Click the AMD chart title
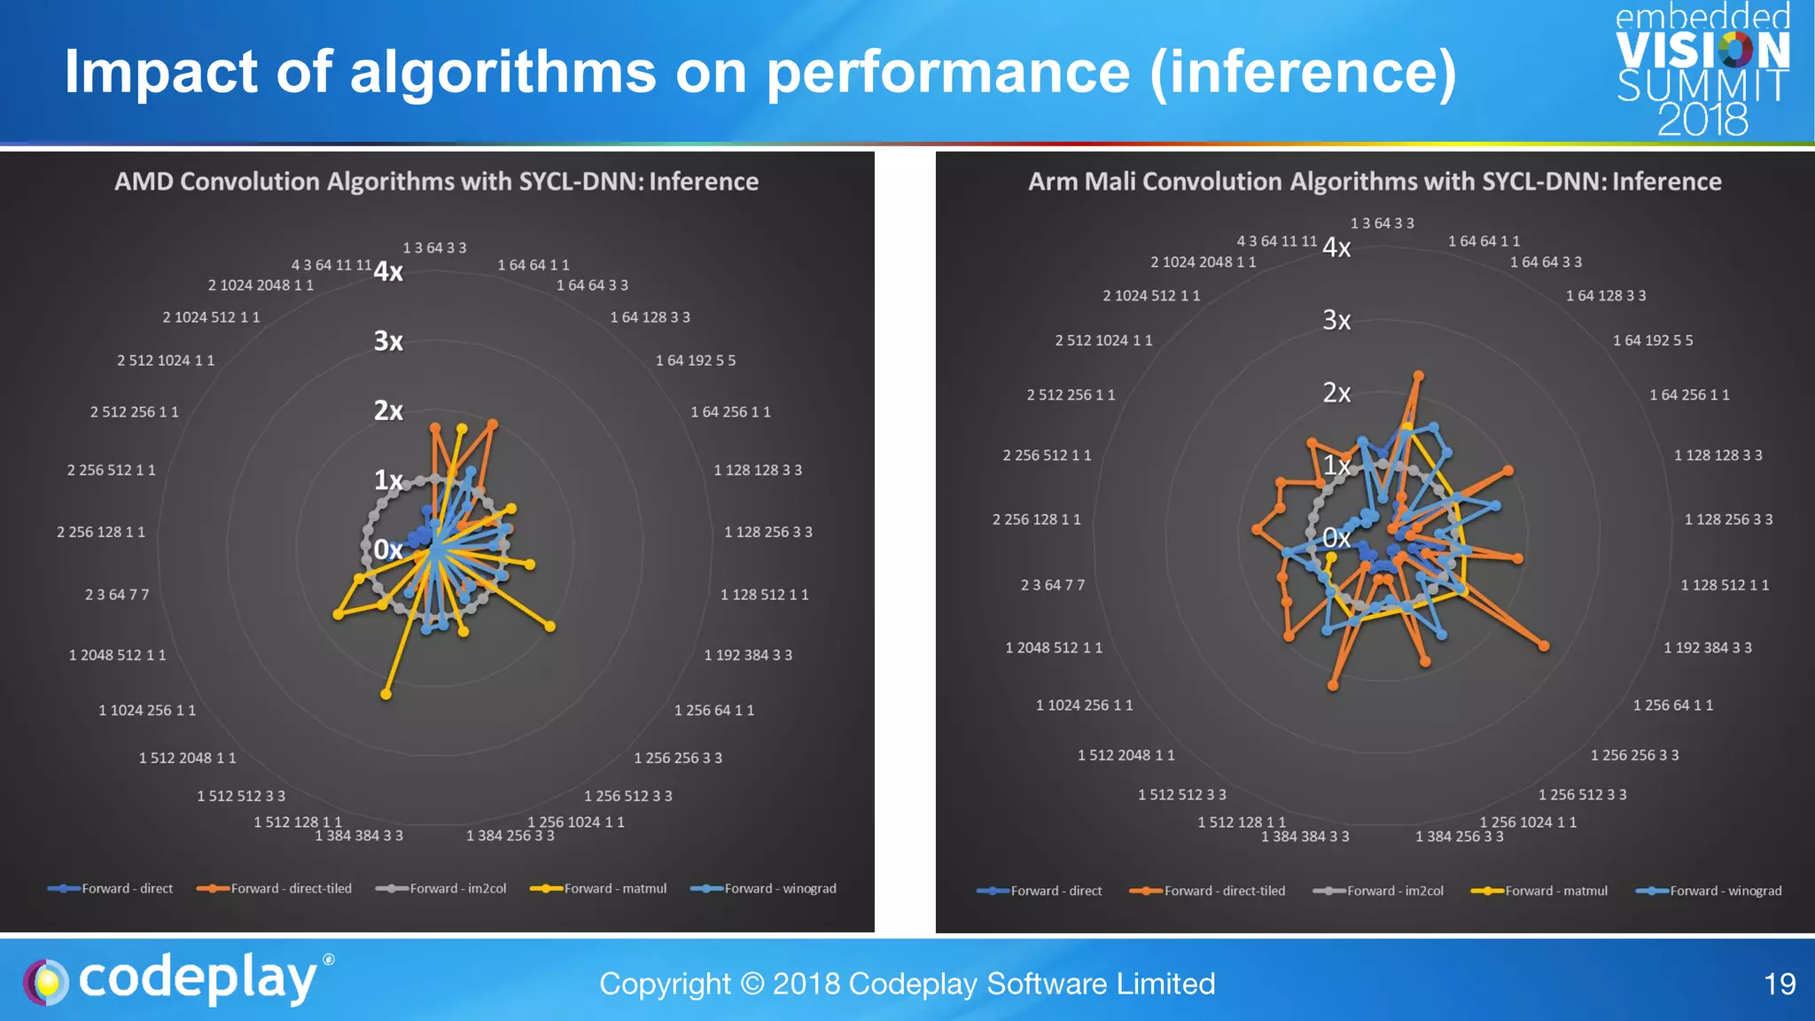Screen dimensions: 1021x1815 coord(436,182)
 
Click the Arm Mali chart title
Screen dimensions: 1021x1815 coord(1375,182)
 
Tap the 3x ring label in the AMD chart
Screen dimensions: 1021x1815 coord(388,341)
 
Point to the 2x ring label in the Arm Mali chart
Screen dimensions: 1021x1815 coord(1336,393)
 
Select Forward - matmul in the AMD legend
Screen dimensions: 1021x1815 coord(614,889)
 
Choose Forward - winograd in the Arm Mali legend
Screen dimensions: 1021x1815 coord(1725,891)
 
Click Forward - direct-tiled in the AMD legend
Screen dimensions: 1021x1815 coord(291,889)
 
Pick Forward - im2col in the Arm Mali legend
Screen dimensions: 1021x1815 coord(1394,891)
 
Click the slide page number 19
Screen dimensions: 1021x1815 coord(1780,984)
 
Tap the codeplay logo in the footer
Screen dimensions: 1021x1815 coord(177,979)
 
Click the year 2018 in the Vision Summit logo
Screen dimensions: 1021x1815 coord(1702,120)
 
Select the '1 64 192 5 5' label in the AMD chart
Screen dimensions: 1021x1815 coord(696,361)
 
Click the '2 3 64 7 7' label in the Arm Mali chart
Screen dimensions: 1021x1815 coord(1052,585)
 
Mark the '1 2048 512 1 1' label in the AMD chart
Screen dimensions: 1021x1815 coord(117,655)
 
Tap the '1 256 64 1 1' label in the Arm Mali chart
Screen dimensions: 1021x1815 coord(1672,705)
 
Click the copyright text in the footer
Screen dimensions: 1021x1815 coord(907,984)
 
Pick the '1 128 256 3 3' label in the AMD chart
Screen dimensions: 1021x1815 coord(767,532)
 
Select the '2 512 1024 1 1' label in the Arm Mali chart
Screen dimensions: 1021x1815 coord(1103,340)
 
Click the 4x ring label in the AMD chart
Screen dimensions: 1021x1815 coord(388,272)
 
